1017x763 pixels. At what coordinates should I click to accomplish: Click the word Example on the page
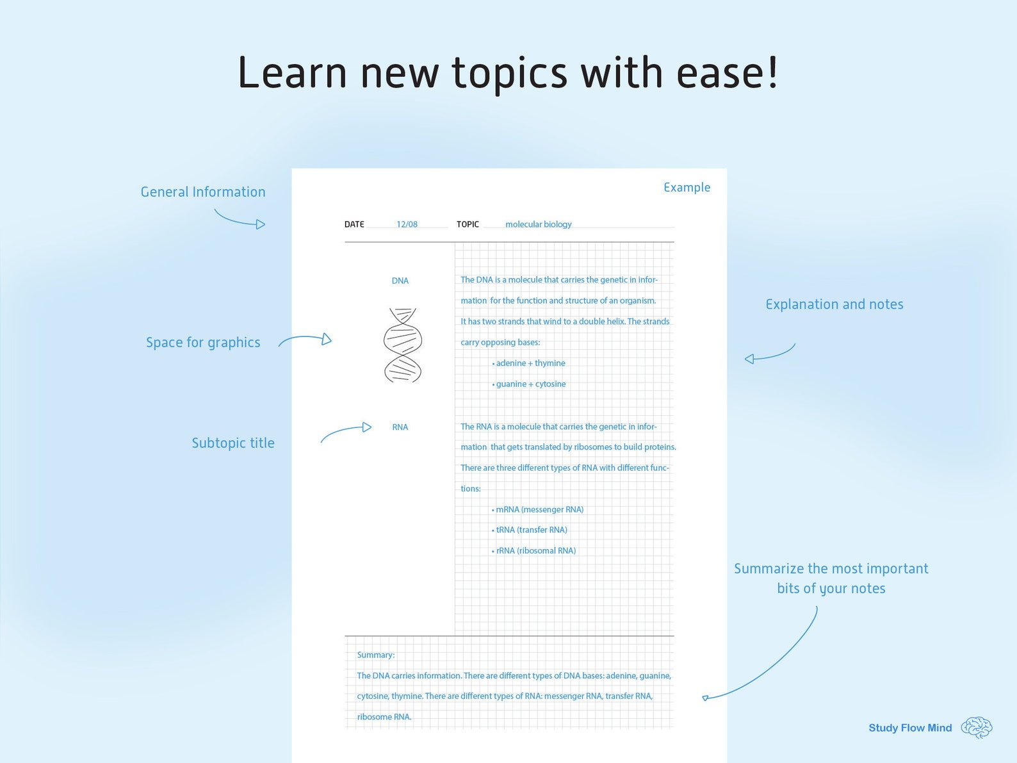[x=687, y=188]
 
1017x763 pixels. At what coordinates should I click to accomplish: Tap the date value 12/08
[x=407, y=224]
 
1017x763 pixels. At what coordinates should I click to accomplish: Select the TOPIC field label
[x=468, y=224]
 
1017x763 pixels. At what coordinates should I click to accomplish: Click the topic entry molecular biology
[x=539, y=224]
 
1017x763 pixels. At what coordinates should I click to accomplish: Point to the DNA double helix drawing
[x=403, y=345]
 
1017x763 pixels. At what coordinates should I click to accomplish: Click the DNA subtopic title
[x=400, y=281]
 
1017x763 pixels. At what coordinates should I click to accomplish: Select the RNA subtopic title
[x=400, y=427]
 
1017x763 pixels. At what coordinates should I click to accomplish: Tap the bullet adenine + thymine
[x=528, y=363]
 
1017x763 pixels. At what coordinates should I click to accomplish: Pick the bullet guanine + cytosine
[x=528, y=384]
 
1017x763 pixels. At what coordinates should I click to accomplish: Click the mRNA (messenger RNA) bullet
[x=537, y=509]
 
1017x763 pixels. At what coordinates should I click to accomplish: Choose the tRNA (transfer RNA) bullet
[x=529, y=530]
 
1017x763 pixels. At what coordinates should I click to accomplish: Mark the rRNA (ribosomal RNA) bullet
[x=533, y=551]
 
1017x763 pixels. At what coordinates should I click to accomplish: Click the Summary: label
[x=376, y=655]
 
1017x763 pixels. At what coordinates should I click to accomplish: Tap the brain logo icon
[x=977, y=727]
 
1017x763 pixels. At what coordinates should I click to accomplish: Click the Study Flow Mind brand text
[x=910, y=728]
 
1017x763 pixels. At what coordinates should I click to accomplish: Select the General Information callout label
[x=203, y=192]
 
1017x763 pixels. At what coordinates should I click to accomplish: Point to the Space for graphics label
[x=203, y=342]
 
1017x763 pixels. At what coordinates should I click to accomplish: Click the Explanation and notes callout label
[x=834, y=304]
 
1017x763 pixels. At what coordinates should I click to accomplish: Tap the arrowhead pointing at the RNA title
[x=367, y=427]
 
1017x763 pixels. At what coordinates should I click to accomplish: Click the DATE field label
[x=354, y=224]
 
